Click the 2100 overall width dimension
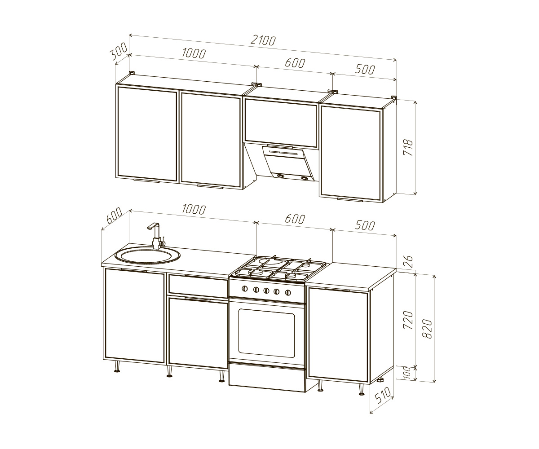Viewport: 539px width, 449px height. coord(263,40)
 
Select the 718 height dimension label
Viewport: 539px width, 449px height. coord(408,148)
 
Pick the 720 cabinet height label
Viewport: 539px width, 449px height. coord(408,320)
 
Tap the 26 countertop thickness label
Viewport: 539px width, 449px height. coord(408,262)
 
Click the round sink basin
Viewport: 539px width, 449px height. coord(147,256)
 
